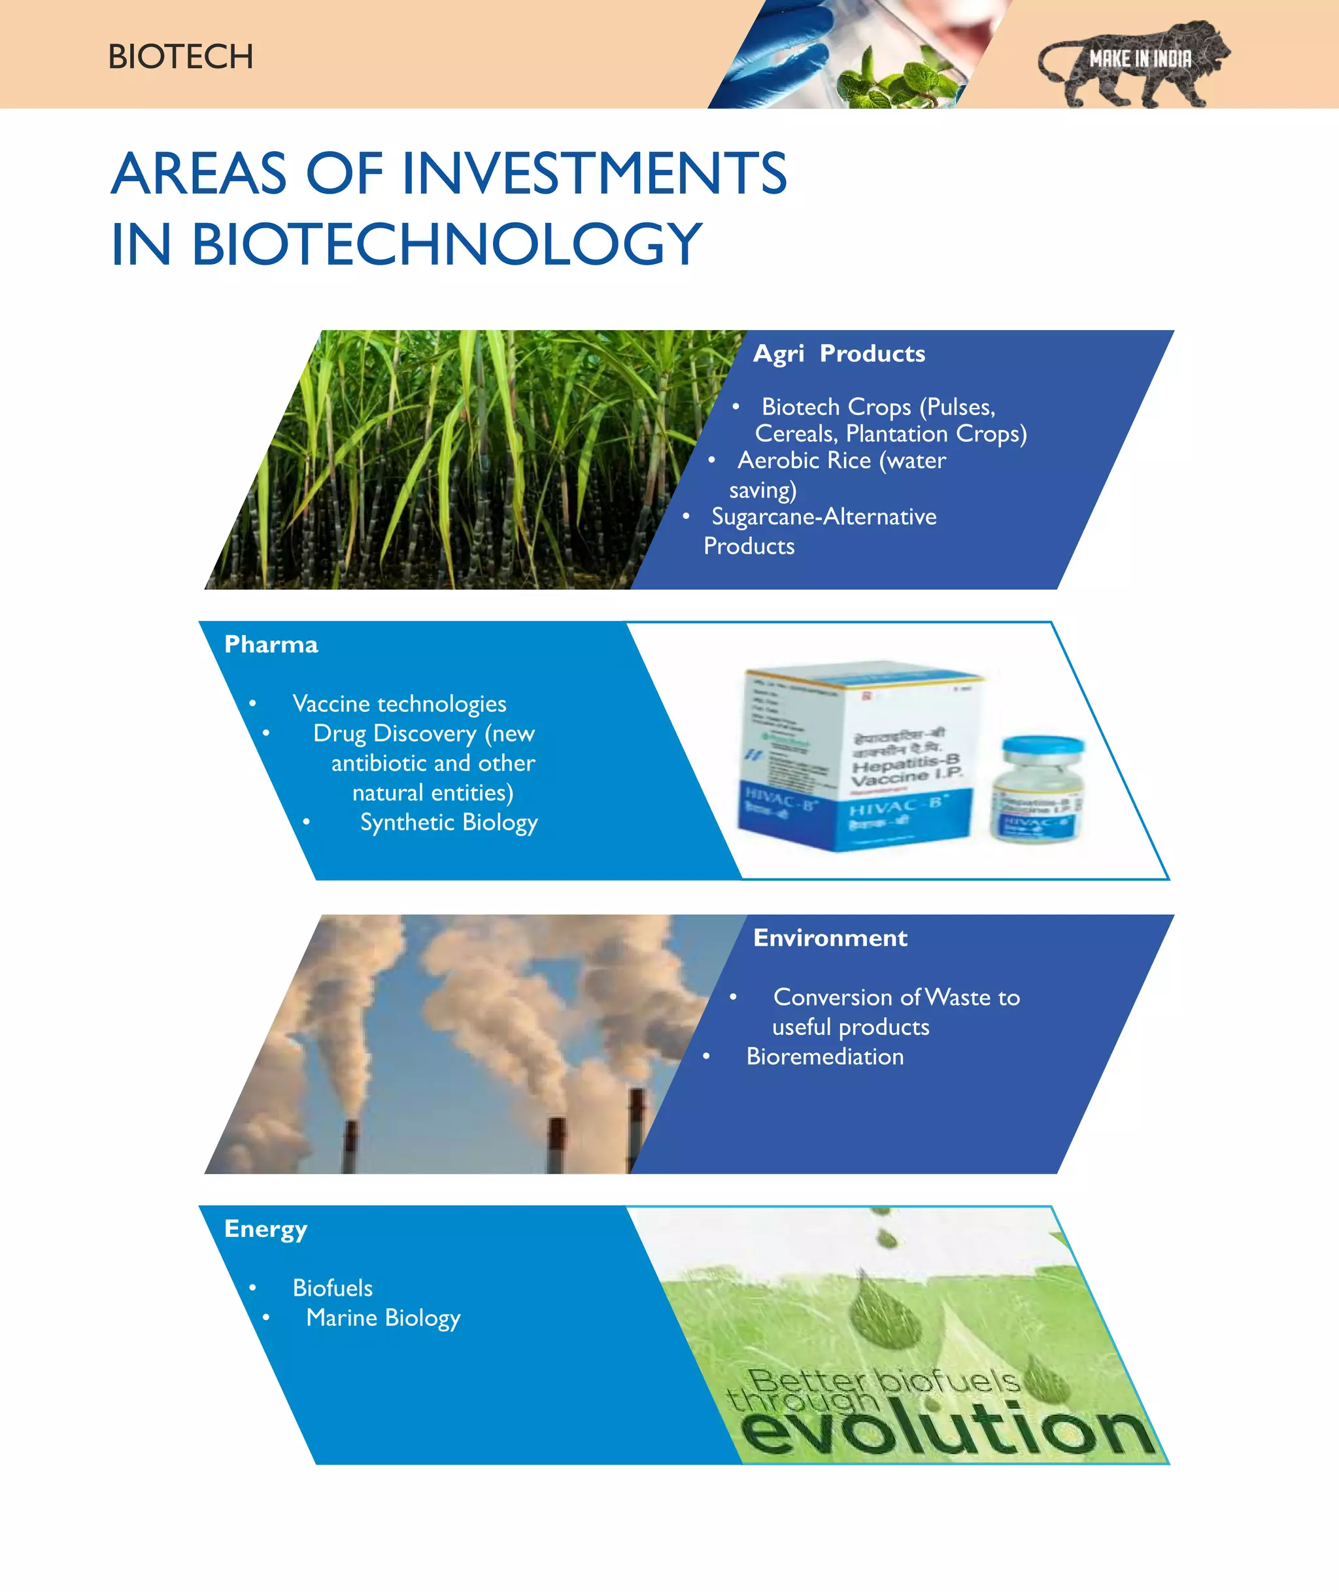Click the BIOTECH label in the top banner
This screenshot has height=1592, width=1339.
coord(180,57)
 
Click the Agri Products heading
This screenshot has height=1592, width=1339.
coord(839,354)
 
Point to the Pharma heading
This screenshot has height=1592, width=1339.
coord(271,645)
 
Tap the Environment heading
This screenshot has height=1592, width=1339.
coord(830,938)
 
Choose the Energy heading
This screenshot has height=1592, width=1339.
coord(265,1229)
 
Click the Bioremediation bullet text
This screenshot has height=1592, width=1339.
coord(825,1057)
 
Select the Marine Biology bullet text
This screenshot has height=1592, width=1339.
coord(383,1318)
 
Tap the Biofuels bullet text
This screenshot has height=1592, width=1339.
coord(333,1289)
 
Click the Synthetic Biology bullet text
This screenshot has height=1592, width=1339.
coord(449,822)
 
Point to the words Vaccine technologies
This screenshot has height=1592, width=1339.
coord(399,703)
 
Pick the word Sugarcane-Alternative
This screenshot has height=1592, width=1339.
coord(824,517)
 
